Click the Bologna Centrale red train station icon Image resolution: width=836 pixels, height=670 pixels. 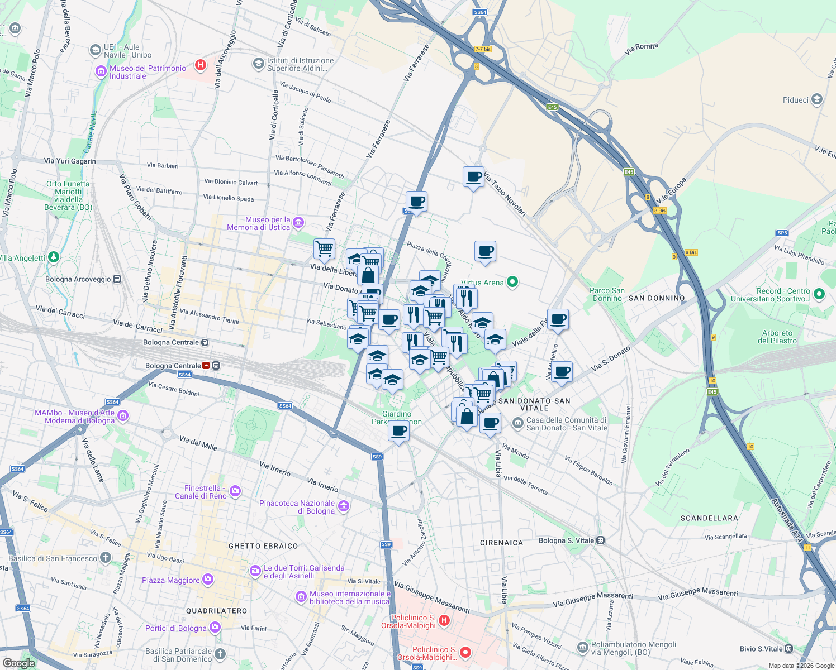[x=206, y=366]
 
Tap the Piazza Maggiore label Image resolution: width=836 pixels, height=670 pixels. [x=170, y=580]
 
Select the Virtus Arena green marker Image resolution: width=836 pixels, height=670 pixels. [x=512, y=282]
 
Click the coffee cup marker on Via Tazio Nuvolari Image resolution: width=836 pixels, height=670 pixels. [x=474, y=177]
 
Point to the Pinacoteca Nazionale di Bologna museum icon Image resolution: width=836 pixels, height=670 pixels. [x=344, y=506]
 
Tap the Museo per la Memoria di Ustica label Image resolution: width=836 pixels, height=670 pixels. [x=259, y=223]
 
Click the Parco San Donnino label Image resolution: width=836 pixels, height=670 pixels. [x=607, y=294]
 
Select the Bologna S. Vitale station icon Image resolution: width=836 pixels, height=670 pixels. [x=600, y=540]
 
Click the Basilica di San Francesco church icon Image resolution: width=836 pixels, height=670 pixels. [x=106, y=558]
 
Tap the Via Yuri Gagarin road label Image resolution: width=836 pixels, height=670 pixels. [x=70, y=161]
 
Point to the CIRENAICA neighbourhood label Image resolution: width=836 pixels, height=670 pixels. [x=501, y=543]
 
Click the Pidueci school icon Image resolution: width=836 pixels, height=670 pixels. [x=817, y=100]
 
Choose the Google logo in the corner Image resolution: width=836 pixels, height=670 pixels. [x=18, y=663]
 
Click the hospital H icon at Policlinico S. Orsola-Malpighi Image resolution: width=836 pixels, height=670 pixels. [x=444, y=620]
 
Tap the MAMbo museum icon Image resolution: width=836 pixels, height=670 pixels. [x=123, y=416]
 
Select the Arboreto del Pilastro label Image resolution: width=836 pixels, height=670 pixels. [x=777, y=337]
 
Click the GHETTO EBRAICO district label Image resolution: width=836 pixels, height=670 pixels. [x=263, y=546]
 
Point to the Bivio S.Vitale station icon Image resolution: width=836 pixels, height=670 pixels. [x=788, y=648]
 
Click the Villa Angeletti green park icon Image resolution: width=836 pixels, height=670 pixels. [x=54, y=257]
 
